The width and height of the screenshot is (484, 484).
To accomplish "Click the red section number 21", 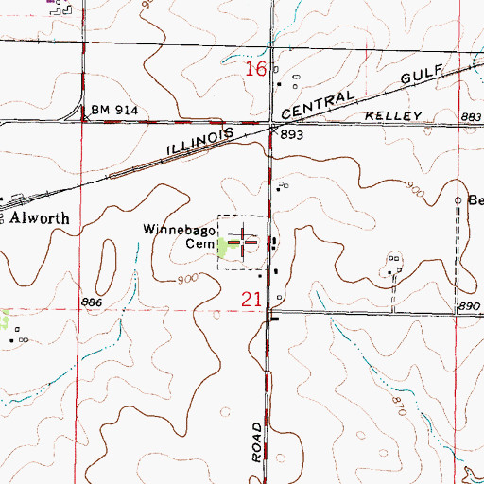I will pyautogui.click(x=249, y=299).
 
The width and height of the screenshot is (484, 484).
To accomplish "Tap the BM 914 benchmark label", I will pyautogui.click(x=114, y=111).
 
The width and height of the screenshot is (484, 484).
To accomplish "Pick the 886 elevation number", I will pyautogui.click(x=91, y=300).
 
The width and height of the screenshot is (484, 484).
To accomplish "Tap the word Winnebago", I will pyautogui.click(x=176, y=229).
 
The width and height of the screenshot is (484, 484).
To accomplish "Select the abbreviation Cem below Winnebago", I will pyautogui.click(x=196, y=243).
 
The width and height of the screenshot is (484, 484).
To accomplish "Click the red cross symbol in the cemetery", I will pyautogui.click(x=243, y=242).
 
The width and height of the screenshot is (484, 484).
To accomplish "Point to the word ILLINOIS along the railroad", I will pyautogui.click(x=199, y=144).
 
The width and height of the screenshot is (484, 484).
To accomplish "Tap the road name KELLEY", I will pyautogui.click(x=390, y=115).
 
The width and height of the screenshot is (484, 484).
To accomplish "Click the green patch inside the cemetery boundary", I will pyautogui.click(x=223, y=248).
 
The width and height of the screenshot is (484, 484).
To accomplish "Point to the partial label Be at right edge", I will pyautogui.click(x=475, y=200).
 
